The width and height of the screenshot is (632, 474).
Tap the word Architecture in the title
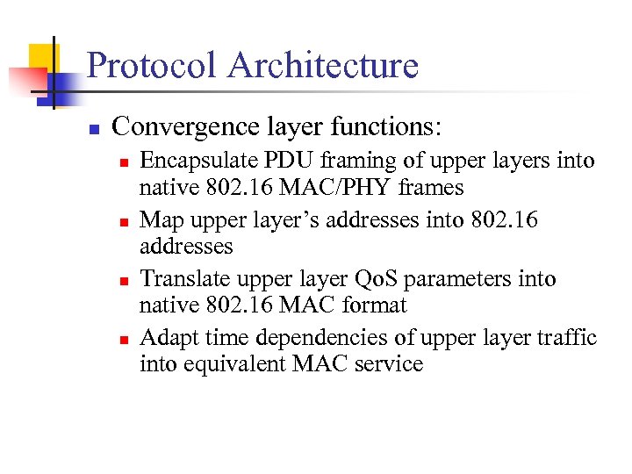coord(323,66)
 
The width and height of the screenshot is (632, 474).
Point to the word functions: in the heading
coord(386,127)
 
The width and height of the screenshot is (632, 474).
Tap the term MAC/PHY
coord(348,188)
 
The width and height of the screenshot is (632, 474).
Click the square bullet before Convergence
coord(93,129)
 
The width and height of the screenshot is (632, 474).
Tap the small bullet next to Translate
coord(125,281)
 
